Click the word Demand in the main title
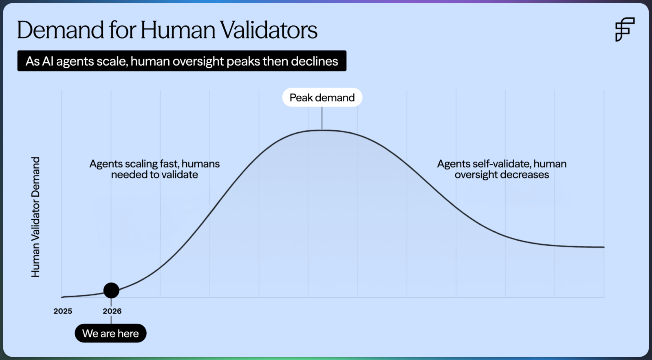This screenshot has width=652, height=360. point(61,30)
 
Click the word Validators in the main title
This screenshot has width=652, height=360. point(269,30)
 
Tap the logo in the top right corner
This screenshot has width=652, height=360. point(625,29)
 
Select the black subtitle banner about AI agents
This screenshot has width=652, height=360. point(182,61)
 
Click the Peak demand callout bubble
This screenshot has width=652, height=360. point(322,97)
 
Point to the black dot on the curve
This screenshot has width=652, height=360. point(111,290)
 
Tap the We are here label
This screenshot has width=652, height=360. point(110,333)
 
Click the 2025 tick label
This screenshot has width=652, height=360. point(63,311)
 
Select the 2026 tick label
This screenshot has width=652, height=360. point(112,311)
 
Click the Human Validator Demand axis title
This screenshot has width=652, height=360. point(35,217)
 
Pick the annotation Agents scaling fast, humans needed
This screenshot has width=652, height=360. point(154,169)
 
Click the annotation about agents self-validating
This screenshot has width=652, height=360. point(502,169)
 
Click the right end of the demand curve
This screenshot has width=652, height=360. point(604,247)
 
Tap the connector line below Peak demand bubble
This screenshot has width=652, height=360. point(322,118)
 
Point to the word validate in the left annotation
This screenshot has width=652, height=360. point(180,174)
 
